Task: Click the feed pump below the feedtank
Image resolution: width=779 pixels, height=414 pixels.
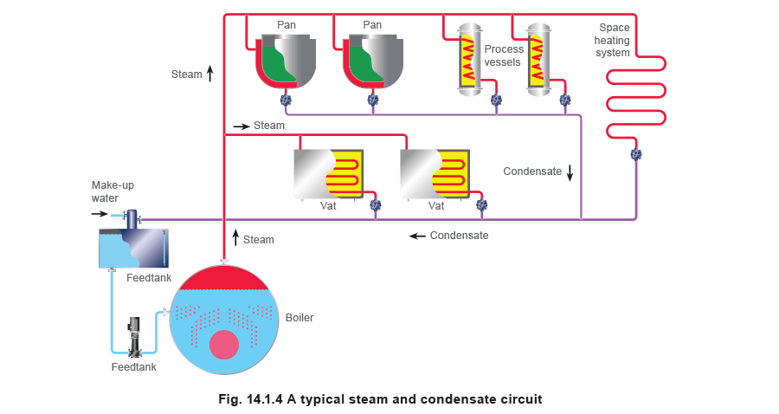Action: (135, 336)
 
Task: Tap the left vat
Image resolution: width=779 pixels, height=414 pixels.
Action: (328, 174)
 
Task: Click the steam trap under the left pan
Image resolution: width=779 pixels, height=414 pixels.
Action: (286, 101)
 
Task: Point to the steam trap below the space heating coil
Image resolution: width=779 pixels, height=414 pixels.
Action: (636, 154)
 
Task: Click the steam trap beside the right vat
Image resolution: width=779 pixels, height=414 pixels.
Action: (482, 205)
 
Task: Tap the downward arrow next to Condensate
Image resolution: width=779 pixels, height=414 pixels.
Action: (570, 172)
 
